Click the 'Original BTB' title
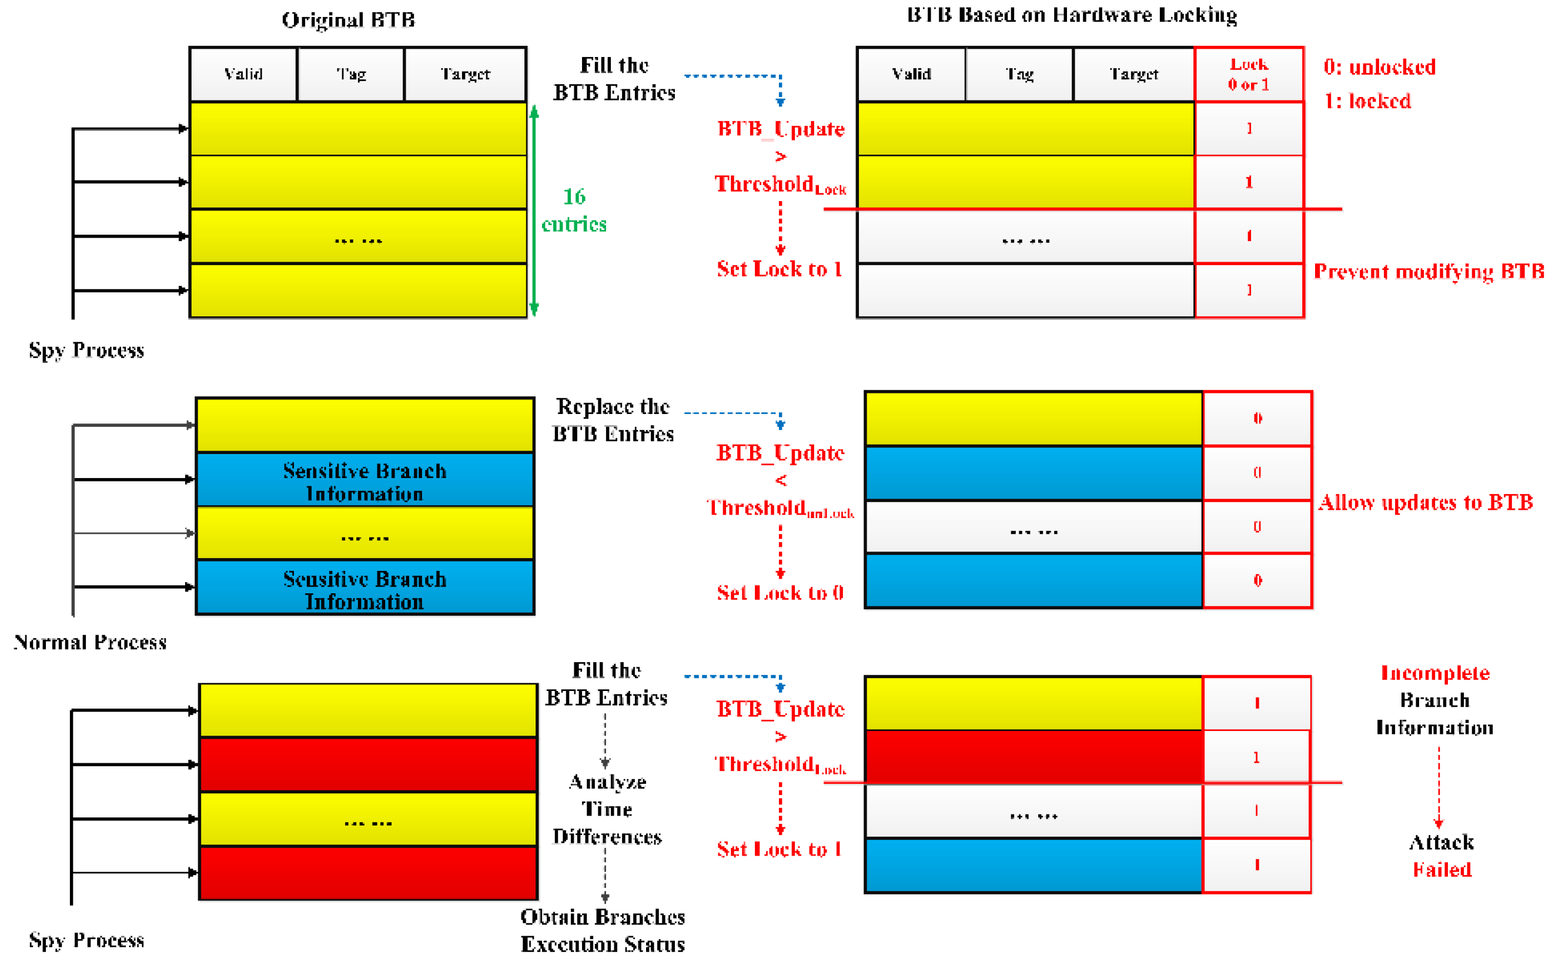tap(348, 20)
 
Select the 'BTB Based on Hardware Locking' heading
tap(1072, 15)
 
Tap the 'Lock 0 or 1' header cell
tap(1249, 74)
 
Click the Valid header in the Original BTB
tap(243, 74)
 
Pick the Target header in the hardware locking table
tap(1133, 74)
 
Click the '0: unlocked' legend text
tap(1379, 67)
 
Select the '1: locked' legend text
tap(1367, 101)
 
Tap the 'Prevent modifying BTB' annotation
tap(1428, 271)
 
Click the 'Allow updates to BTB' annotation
tap(1425, 502)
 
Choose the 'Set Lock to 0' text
tap(780, 593)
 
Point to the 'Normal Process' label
tap(90, 642)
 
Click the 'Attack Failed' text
tap(1441, 856)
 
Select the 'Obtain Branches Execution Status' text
tap(602, 930)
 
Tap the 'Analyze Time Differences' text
tap(607, 809)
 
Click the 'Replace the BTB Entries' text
tap(613, 420)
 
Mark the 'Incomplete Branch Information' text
tap(1434, 700)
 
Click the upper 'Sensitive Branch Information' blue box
tap(364, 480)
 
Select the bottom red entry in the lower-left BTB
tap(368, 873)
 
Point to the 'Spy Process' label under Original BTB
tap(87, 350)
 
